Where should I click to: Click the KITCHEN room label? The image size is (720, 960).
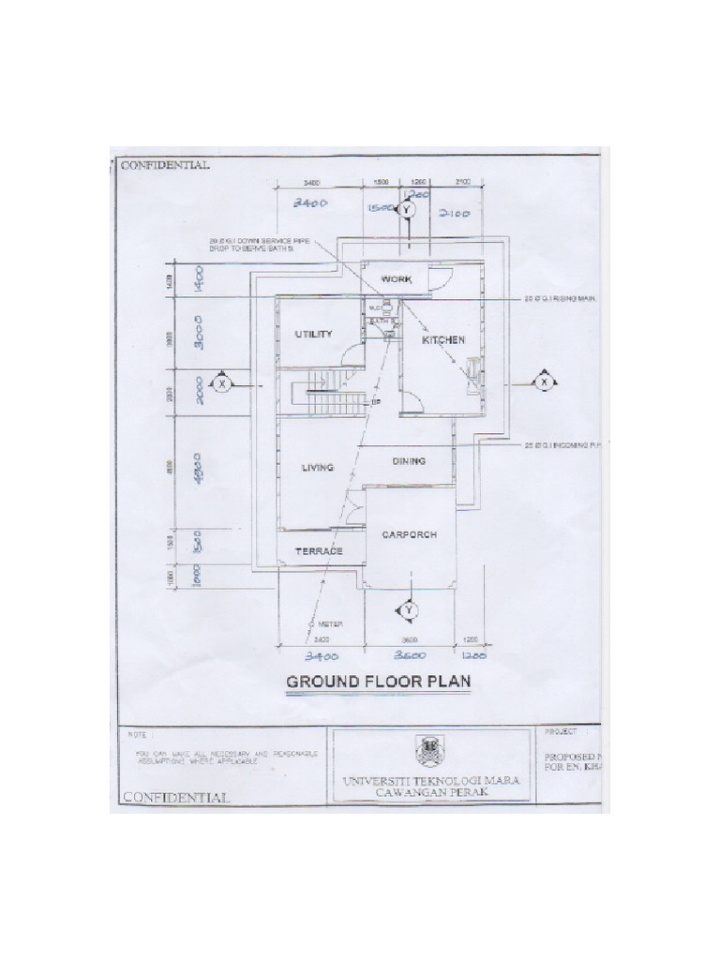[x=442, y=340]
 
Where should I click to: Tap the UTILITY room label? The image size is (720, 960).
[x=313, y=334]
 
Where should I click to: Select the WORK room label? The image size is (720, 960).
[x=396, y=279]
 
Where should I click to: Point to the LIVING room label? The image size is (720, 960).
[x=318, y=467]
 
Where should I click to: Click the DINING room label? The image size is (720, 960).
[x=409, y=461]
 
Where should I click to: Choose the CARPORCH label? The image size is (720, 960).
[x=410, y=534]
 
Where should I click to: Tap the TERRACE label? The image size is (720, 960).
[x=319, y=552]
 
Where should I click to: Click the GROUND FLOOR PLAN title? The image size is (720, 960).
[x=379, y=682]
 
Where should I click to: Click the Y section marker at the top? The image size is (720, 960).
[x=406, y=211]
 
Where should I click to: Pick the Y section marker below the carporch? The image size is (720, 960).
[x=409, y=611]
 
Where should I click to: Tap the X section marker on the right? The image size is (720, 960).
[x=544, y=382]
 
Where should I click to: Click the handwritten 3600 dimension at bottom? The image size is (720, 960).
[x=410, y=655]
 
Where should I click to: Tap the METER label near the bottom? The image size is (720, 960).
[x=329, y=623]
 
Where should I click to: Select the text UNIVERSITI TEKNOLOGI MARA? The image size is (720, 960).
[x=430, y=780]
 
